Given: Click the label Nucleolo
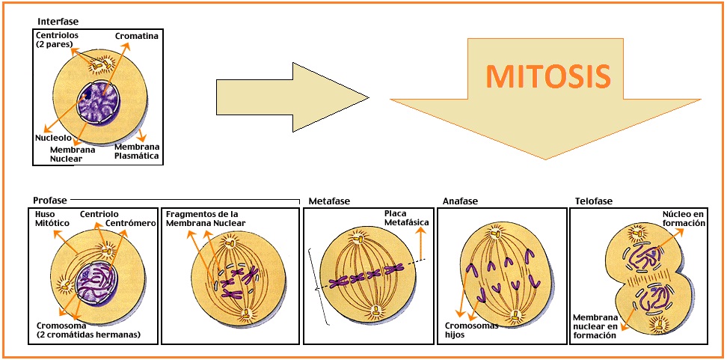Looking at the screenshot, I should tap(53, 138).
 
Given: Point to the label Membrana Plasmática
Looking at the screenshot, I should tap(138, 151).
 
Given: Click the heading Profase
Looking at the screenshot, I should tap(50, 200).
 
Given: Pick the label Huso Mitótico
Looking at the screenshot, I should tap(52, 219).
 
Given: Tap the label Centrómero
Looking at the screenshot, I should tap(130, 223).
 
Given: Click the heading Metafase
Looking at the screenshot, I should tap(329, 201).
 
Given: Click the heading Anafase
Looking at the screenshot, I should tap(460, 201).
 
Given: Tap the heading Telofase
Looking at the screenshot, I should tap(593, 201).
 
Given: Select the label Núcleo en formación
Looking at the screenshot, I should tap(684, 219).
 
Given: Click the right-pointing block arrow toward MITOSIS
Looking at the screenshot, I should tap(292, 97).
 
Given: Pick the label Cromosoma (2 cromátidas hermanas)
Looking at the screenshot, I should tap(88, 330).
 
